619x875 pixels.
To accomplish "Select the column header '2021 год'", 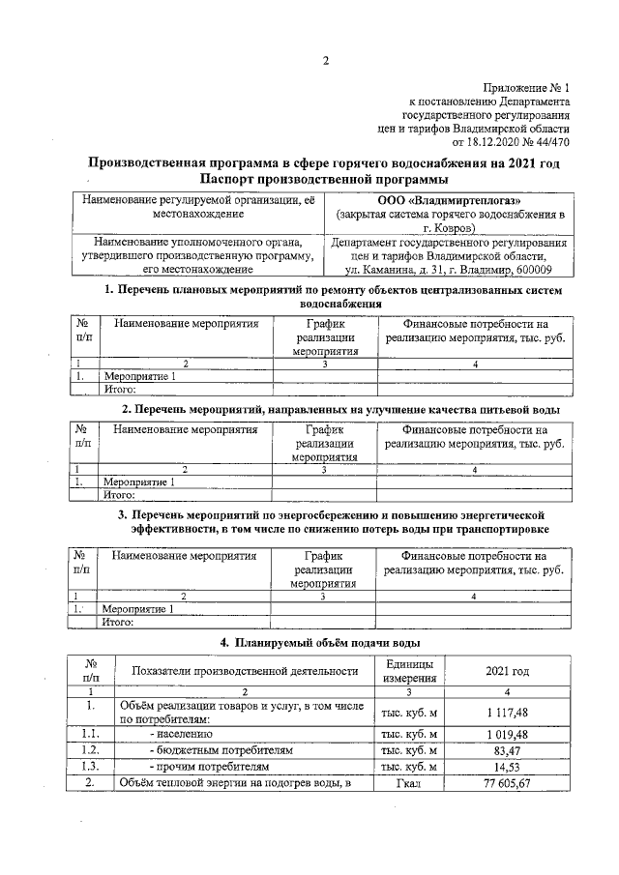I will pos(507,672).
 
